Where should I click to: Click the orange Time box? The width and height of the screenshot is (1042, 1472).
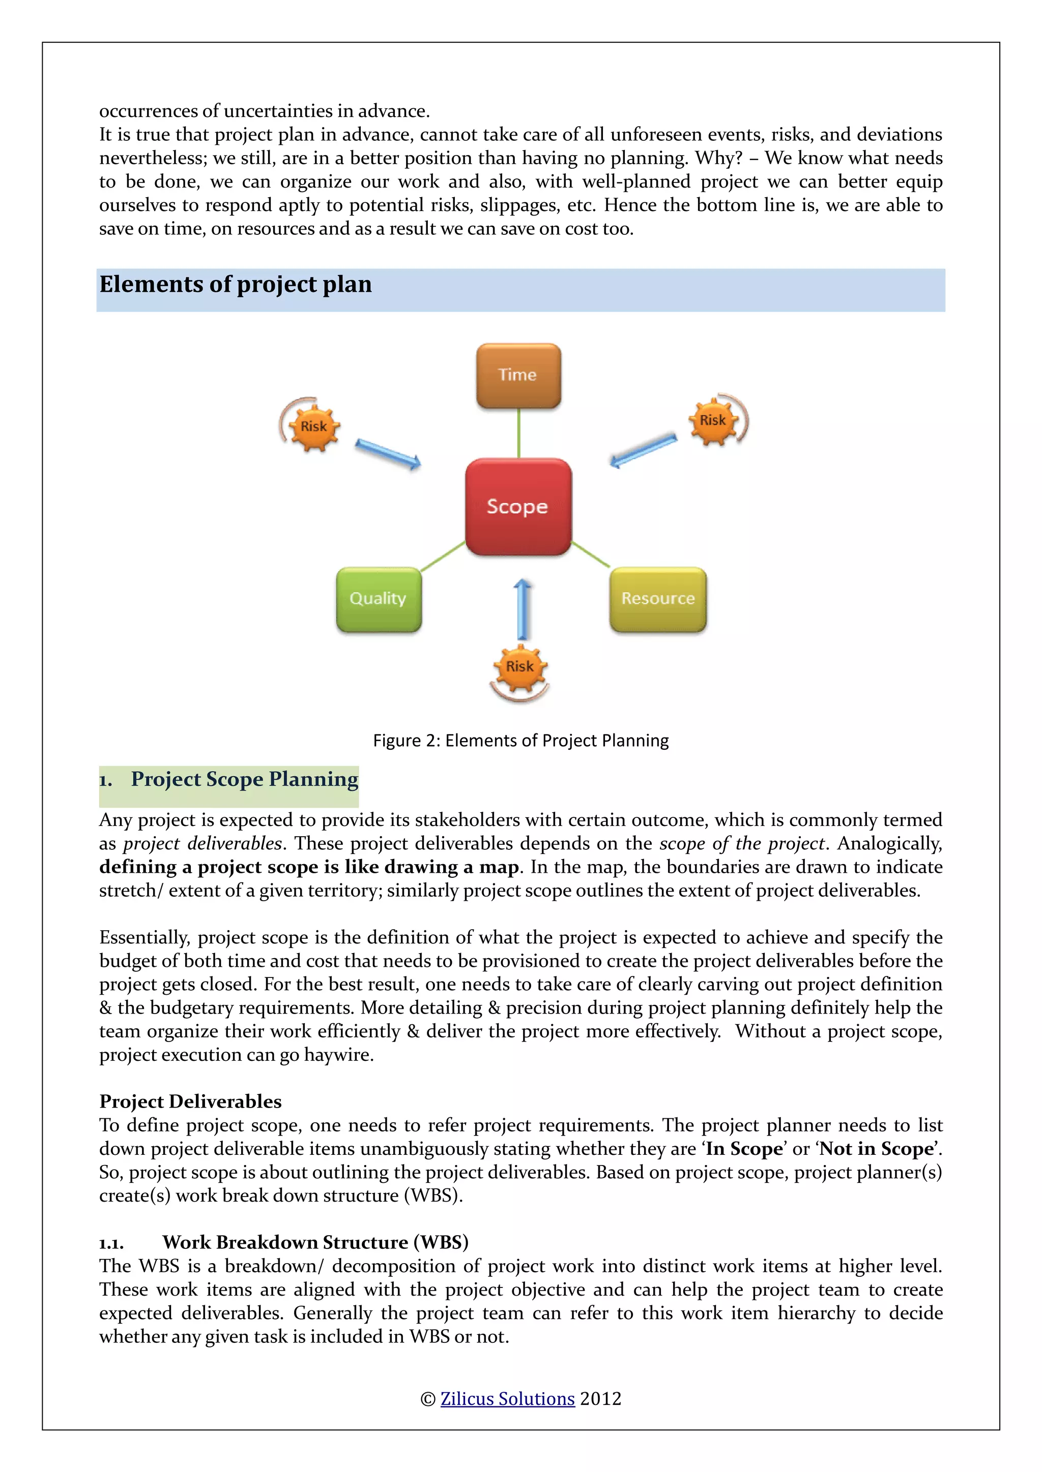tap(518, 376)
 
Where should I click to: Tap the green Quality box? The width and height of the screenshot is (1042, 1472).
tap(379, 599)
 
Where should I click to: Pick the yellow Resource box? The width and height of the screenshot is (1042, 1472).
tap(658, 599)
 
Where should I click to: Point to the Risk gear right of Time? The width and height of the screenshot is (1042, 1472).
tap(713, 420)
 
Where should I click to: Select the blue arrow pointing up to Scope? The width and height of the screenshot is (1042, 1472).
tap(523, 609)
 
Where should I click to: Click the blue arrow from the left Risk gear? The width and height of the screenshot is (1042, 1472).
tap(388, 453)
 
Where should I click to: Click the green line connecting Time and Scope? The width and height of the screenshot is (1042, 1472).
tap(518, 434)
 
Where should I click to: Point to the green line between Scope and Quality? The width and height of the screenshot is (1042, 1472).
tap(443, 556)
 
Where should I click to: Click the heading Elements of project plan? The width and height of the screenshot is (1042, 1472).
tap(236, 284)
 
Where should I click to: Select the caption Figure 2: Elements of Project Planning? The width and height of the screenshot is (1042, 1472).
tap(520, 741)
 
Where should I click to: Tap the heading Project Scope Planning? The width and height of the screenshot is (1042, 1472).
tap(244, 779)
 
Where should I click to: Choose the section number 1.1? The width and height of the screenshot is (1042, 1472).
tap(111, 1243)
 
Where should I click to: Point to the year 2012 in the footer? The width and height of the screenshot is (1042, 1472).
tap(600, 1398)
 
